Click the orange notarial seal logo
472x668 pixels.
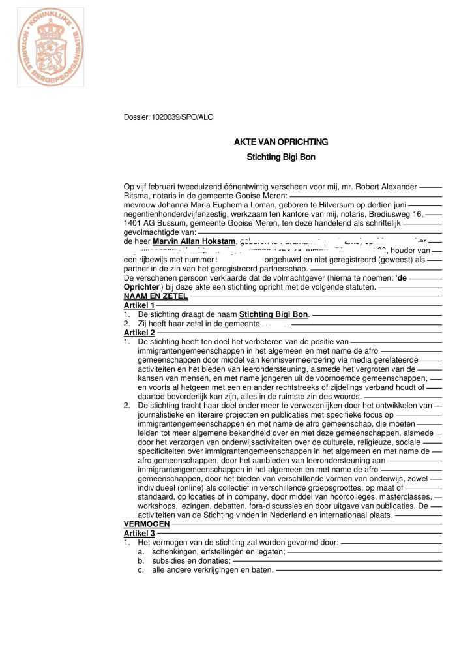pyautogui.click(x=51, y=48)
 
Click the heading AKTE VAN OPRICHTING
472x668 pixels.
pyautogui.click(x=281, y=142)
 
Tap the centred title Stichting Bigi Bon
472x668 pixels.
pyautogui.click(x=281, y=157)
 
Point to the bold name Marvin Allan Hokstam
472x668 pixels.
pyautogui.click(x=193, y=241)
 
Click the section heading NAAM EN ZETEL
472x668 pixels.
pyautogui.click(x=156, y=296)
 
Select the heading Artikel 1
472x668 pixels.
pyautogui.click(x=139, y=305)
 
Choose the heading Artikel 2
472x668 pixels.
pyautogui.click(x=139, y=333)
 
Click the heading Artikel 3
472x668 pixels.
pyautogui.click(x=139, y=534)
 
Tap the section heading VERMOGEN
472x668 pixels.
pyautogui.click(x=147, y=524)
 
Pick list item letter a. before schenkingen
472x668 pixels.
pyautogui.click(x=141, y=552)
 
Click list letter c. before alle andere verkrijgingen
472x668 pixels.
pyautogui.click(x=141, y=570)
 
